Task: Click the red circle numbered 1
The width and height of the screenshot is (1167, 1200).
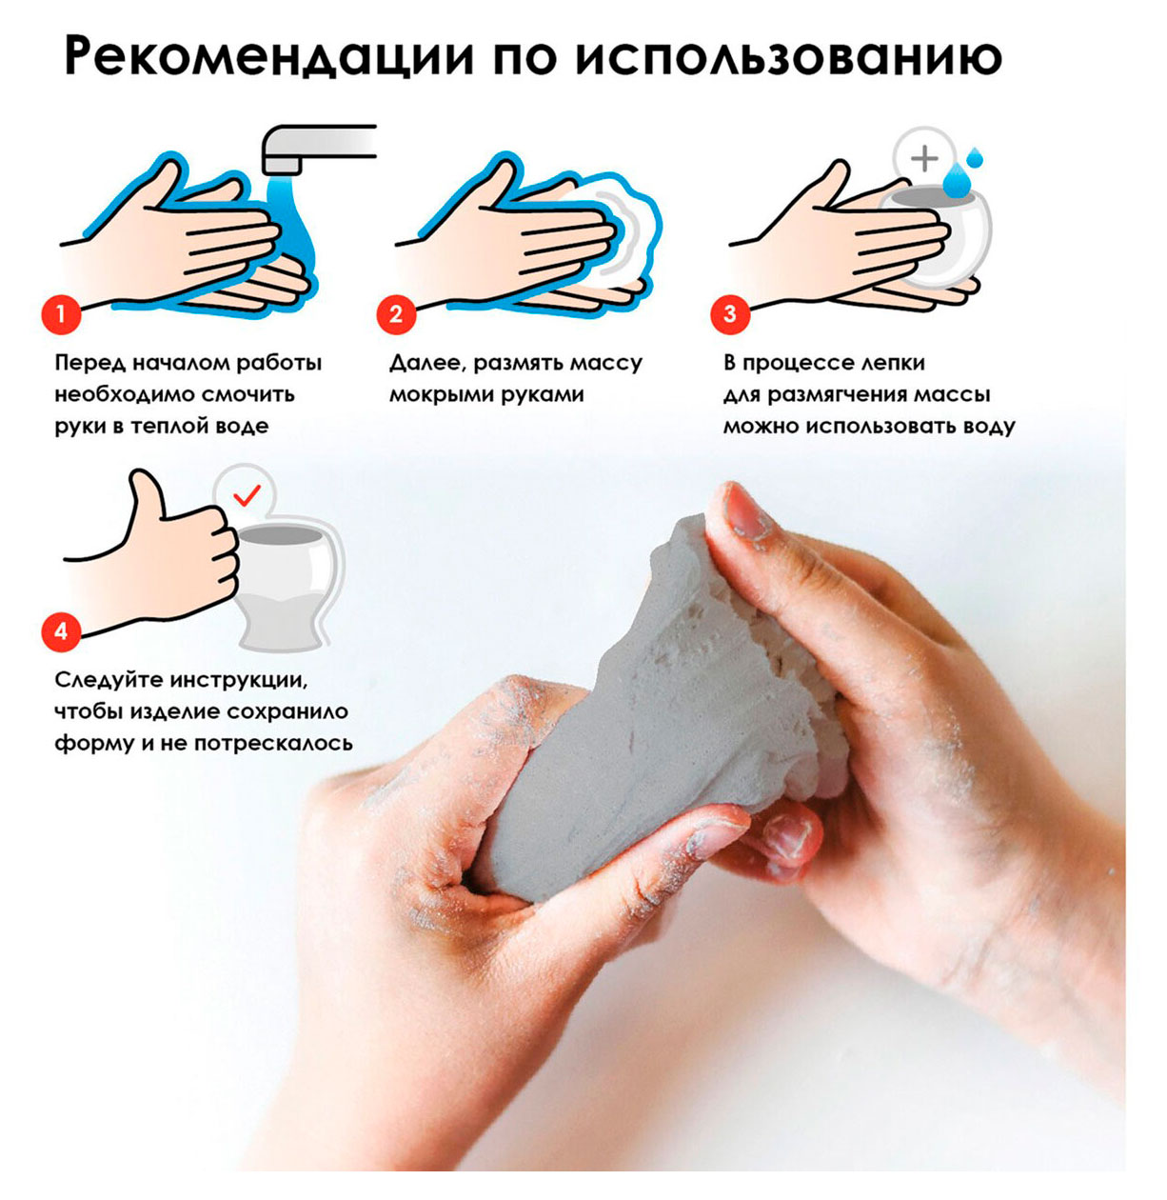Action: pos(62,313)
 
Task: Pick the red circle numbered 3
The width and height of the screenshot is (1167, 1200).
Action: pos(730,313)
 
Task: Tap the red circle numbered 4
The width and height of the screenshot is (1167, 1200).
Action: pos(62,631)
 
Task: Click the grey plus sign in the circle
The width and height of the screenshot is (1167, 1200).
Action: pos(923,157)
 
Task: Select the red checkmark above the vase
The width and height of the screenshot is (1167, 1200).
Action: pos(247,494)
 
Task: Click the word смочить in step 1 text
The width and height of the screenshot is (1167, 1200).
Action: pos(250,394)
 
